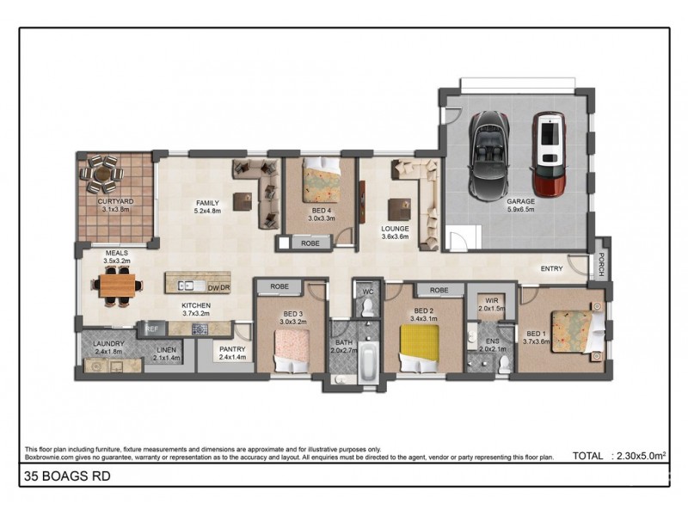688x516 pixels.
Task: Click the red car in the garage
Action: pyautogui.click(x=549, y=155)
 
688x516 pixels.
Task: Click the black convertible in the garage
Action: pyautogui.click(x=489, y=156)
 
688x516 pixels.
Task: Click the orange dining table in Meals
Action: pyautogui.click(x=117, y=286)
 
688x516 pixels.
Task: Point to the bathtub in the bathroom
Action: pyautogui.click(x=368, y=362)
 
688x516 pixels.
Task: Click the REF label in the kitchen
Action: pyautogui.click(x=152, y=329)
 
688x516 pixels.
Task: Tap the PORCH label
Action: pyautogui.click(x=601, y=265)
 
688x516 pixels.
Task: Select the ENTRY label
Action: pyautogui.click(x=551, y=268)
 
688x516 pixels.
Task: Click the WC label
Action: pyautogui.click(x=368, y=292)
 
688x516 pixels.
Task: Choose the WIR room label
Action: pyautogui.click(x=491, y=301)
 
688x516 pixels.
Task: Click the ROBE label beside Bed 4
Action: pyautogui.click(x=310, y=243)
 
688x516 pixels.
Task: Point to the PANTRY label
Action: pyautogui.click(x=232, y=349)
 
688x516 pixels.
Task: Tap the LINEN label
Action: pyautogui.click(x=166, y=350)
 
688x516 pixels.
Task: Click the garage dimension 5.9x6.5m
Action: pyautogui.click(x=520, y=209)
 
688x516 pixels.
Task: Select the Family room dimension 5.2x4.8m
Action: pyautogui.click(x=207, y=211)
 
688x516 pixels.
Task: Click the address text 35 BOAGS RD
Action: pyautogui.click(x=68, y=476)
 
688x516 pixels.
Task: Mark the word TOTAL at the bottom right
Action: pyautogui.click(x=588, y=456)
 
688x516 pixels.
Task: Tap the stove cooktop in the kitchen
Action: pyautogui.click(x=200, y=329)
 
